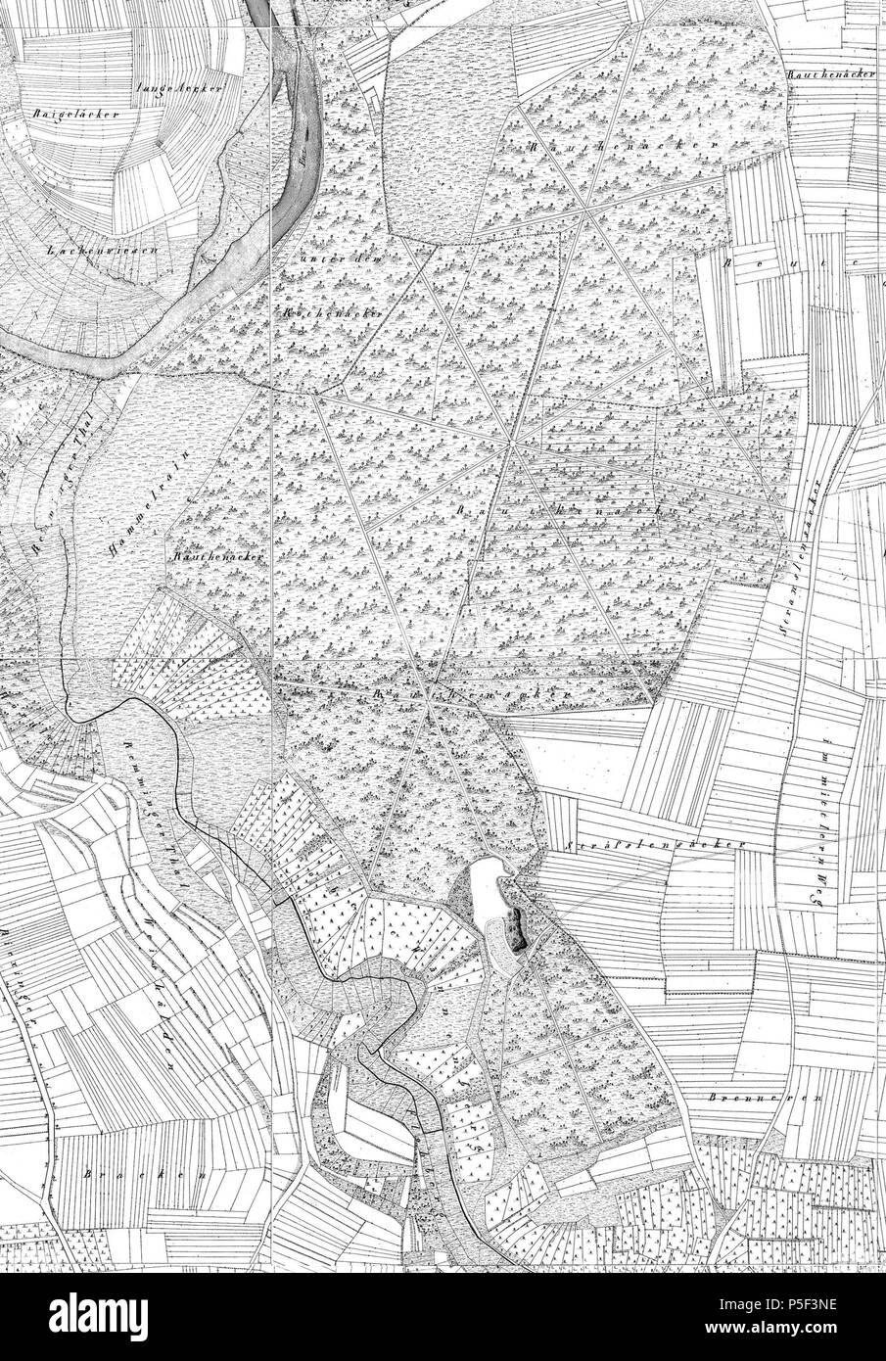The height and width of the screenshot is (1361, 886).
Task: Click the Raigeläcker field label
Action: coord(62,114)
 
